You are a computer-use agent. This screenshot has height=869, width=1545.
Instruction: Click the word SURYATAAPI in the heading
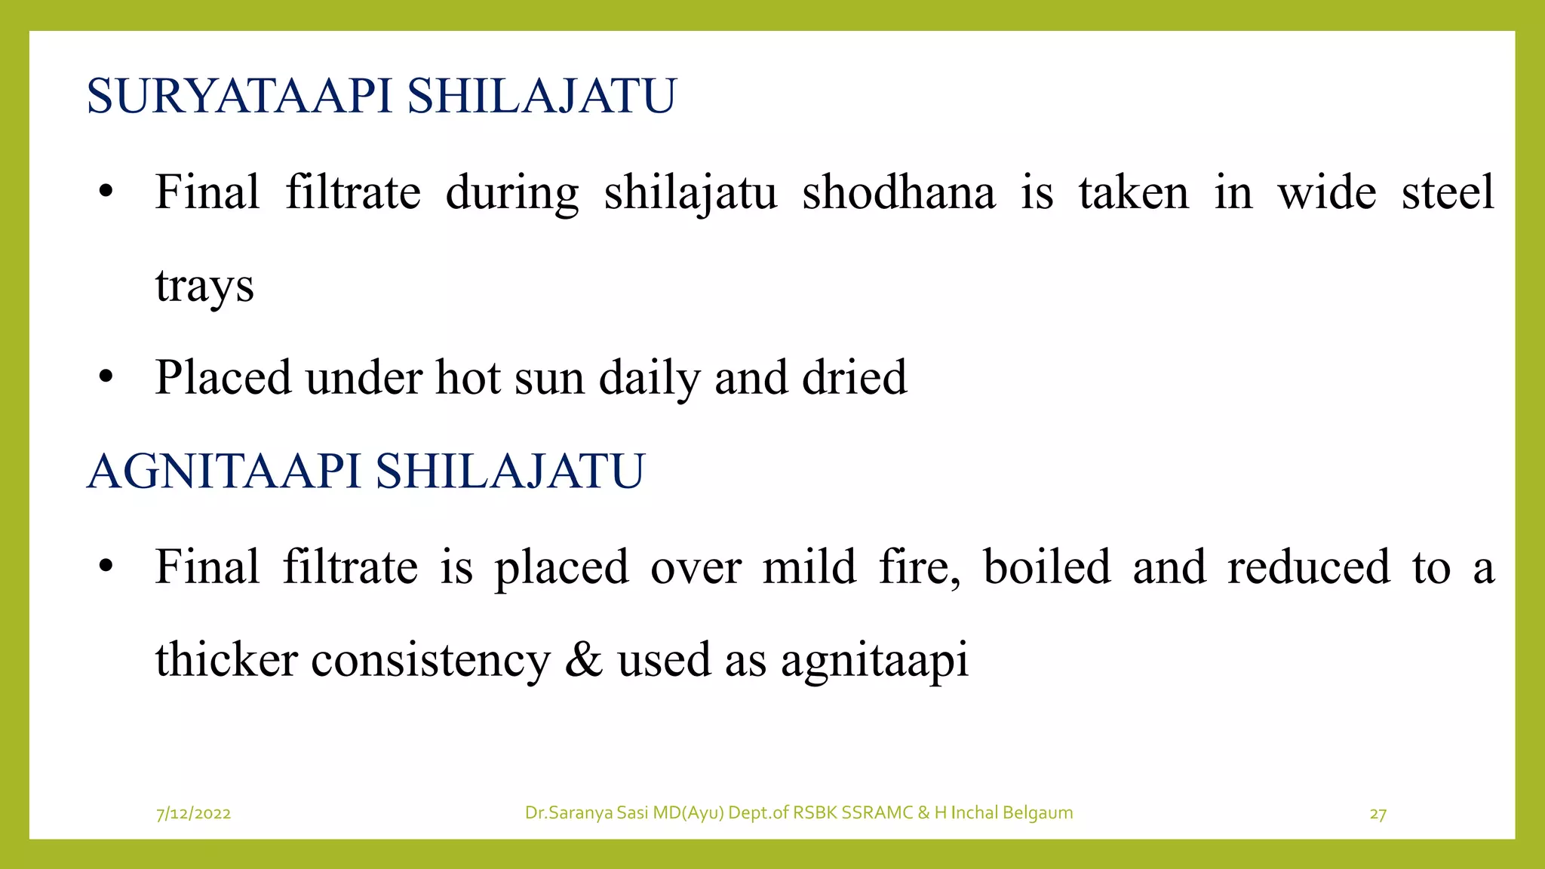[x=239, y=97]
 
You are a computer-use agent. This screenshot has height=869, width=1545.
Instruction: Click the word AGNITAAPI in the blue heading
[x=224, y=471]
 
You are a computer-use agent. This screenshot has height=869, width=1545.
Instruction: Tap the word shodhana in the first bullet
[x=898, y=192]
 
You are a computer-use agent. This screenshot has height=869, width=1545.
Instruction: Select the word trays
[x=204, y=287]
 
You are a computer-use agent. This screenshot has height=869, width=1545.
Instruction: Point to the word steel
[x=1447, y=192]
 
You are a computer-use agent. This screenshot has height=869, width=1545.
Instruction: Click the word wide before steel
[x=1326, y=192]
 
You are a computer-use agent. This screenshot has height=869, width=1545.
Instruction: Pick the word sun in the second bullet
[x=548, y=378]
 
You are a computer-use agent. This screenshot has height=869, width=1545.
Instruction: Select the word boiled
[x=1046, y=567]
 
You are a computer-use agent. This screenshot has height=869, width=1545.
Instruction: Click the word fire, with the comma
[x=920, y=567]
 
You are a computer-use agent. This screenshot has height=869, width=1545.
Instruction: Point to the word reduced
[x=1308, y=567]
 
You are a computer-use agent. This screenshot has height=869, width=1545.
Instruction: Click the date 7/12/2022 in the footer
[x=193, y=813]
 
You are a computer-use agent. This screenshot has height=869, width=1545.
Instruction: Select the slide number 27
[x=1378, y=814]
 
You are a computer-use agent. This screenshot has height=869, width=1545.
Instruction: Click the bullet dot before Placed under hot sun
[x=106, y=376]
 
